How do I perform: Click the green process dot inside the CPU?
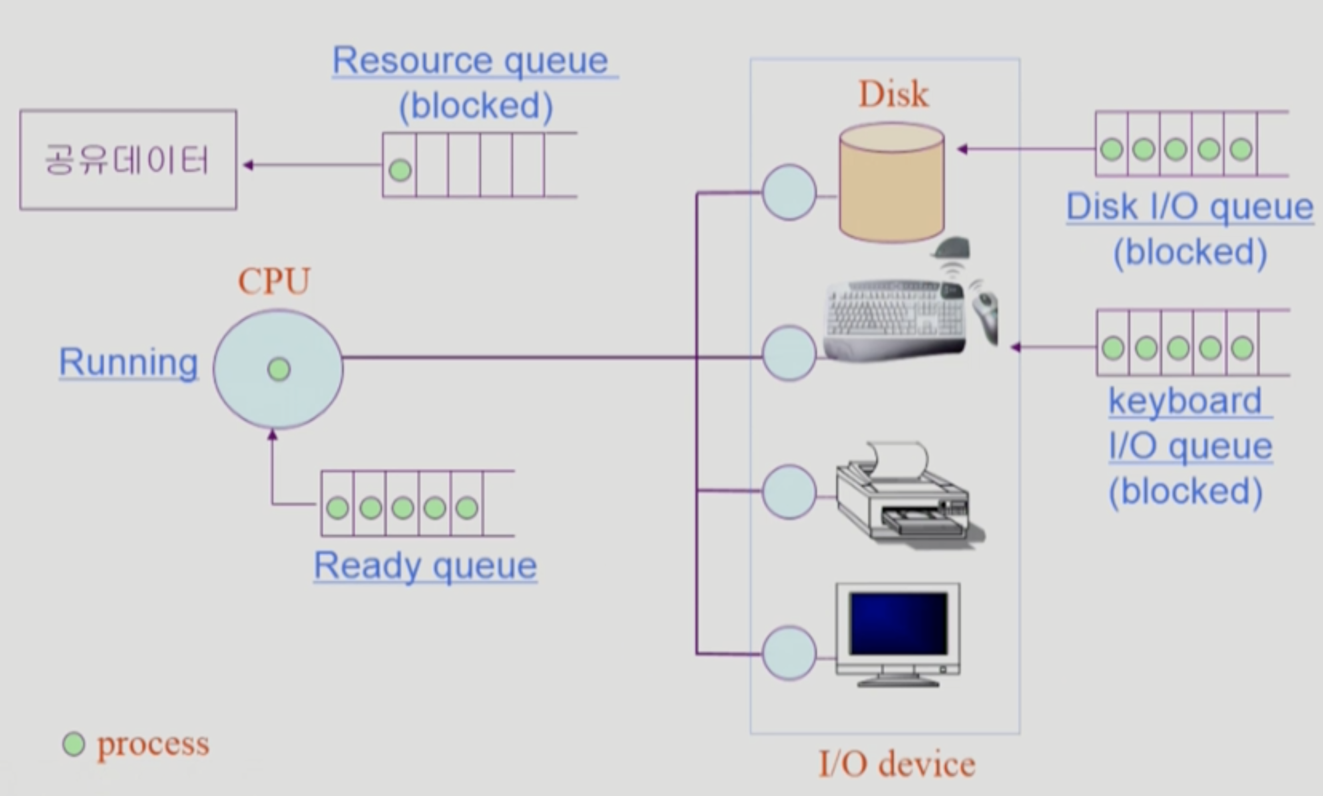click(x=279, y=369)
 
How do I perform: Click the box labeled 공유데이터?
click(x=128, y=160)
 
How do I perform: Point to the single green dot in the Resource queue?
click(x=400, y=171)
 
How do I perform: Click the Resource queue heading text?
click(x=470, y=61)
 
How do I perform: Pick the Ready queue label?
click(x=425, y=565)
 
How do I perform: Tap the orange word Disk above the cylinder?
click(x=893, y=94)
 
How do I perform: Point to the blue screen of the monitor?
click(x=899, y=623)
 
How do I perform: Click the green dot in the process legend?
click(x=74, y=744)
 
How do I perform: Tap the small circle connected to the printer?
click(x=789, y=492)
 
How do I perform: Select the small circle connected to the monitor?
click(x=789, y=653)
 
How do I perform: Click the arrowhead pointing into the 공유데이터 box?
click(x=248, y=165)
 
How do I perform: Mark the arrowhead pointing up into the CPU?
click(x=273, y=435)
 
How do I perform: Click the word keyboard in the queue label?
click(x=1185, y=401)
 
